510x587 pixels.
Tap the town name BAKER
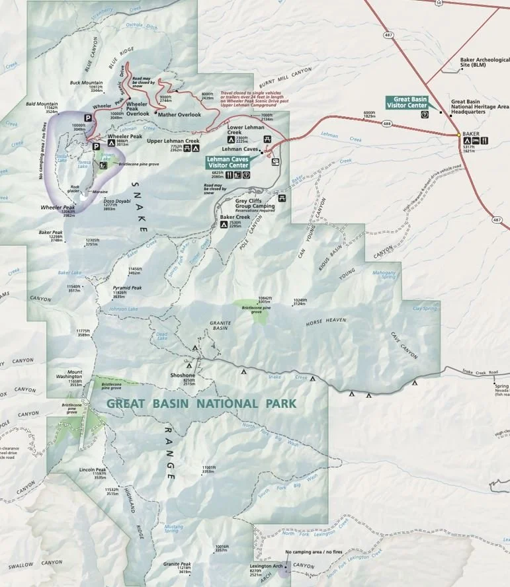point(470,133)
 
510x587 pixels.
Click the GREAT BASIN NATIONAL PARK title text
point(201,403)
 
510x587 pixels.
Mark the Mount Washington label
point(74,375)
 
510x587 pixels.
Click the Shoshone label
point(183,375)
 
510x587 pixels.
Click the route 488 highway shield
point(386,123)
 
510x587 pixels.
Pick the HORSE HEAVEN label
point(326,320)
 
